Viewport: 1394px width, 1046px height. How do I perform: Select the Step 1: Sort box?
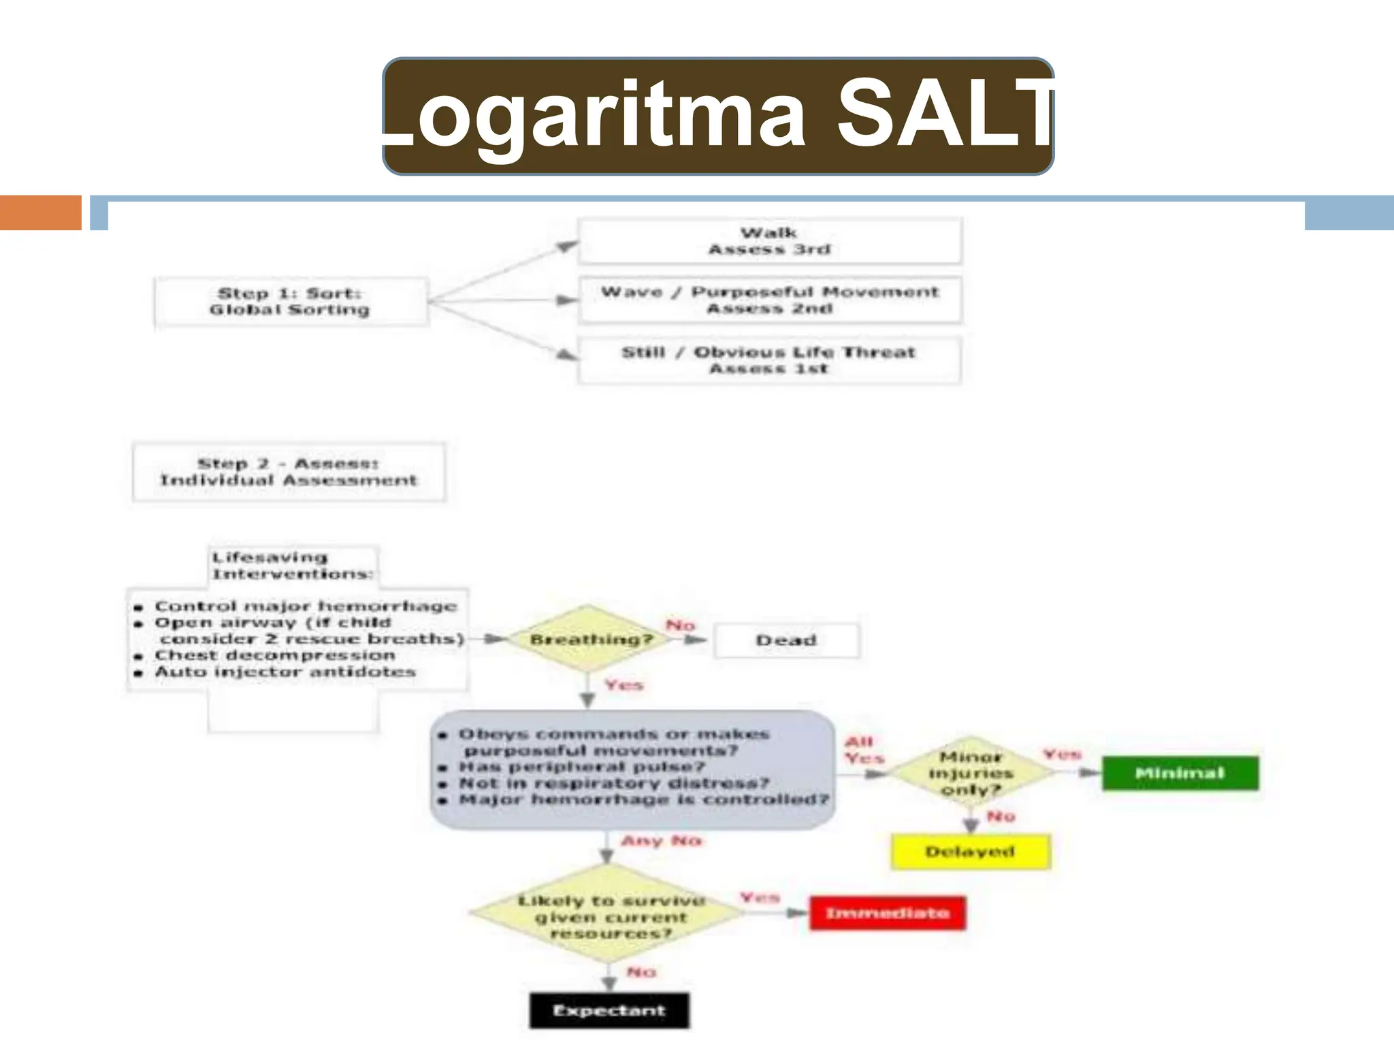(291, 302)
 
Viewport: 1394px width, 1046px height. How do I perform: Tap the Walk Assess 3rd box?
(769, 241)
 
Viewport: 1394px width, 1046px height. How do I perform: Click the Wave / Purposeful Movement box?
(769, 300)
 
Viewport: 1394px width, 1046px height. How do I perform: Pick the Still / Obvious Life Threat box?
(769, 360)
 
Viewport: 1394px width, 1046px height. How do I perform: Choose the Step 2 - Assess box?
(289, 472)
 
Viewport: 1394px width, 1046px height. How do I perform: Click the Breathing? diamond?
(589, 639)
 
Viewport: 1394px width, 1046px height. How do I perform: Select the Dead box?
(786, 640)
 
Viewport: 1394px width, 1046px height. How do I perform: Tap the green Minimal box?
(1180, 773)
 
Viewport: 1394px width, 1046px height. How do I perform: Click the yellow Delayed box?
(970, 851)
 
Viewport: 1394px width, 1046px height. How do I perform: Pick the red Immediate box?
(887, 913)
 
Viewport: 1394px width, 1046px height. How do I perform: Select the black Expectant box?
(609, 1011)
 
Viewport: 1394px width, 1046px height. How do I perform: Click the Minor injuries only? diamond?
(971, 774)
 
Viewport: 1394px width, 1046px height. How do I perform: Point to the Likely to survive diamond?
(610, 917)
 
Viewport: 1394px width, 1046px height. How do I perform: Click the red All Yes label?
(863, 750)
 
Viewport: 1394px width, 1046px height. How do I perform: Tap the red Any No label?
(661, 841)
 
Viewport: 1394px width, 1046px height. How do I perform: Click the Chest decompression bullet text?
(275, 655)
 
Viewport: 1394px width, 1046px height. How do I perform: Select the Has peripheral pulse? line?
(582, 767)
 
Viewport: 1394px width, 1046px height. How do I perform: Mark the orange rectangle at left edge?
(40, 212)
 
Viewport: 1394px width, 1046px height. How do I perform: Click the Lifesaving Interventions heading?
(291, 566)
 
